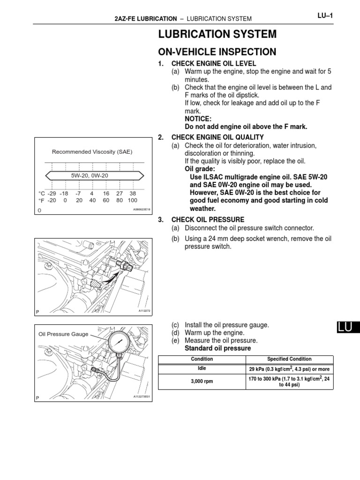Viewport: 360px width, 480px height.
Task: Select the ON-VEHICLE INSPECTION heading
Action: (217, 52)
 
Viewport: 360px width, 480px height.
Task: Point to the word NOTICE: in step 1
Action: (198, 119)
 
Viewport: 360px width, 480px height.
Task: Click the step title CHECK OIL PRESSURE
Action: (208, 219)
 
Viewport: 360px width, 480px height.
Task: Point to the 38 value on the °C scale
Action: (133, 193)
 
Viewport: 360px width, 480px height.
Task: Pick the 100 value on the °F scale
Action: (132, 200)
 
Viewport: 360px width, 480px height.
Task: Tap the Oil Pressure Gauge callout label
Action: (63, 334)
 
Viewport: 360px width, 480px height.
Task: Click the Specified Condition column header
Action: (289, 359)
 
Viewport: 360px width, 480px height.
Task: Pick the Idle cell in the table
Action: (202, 368)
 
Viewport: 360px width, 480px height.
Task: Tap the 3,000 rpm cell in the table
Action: (202, 382)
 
